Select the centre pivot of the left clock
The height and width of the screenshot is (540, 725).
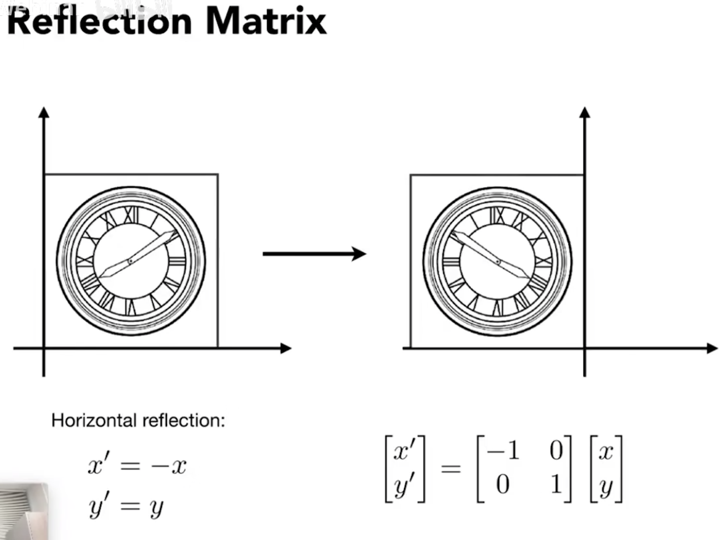(x=130, y=261)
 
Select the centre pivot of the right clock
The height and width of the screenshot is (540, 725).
(x=498, y=262)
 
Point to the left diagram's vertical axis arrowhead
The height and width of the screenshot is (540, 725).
(x=44, y=112)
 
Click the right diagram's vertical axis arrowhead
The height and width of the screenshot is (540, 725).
(x=584, y=112)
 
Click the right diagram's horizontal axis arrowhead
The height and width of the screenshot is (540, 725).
(x=712, y=348)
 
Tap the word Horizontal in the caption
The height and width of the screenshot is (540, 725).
(x=94, y=420)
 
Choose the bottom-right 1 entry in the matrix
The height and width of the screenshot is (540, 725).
(x=556, y=485)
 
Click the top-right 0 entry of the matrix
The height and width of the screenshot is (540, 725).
(x=556, y=450)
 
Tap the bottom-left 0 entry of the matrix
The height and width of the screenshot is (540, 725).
(x=503, y=485)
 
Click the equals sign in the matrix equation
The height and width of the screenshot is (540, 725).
(x=451, y=468)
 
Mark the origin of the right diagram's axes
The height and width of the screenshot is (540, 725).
(x=584, y=348)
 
